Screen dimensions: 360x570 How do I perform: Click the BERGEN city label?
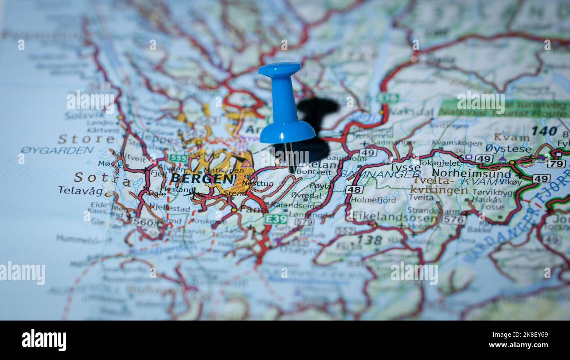pos(203,178)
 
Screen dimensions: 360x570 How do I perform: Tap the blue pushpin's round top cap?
pos(280,69)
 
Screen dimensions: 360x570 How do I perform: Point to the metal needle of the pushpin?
pos(289,157)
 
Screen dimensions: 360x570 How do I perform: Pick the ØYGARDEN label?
pos(57,150)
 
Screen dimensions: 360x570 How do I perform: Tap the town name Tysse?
pos(405,167)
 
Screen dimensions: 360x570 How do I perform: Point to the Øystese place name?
pos(508,149)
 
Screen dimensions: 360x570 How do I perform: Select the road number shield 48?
pos(354,189)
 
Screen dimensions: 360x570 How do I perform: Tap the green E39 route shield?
pos(276,219)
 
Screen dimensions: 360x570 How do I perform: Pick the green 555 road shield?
pos(178,158)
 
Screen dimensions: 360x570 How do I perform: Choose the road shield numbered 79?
pos(556,164)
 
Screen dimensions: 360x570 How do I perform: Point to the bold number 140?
pos(544,131)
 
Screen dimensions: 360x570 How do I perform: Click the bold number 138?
pos(369,240)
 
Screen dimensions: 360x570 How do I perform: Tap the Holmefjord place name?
pos(373,200)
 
